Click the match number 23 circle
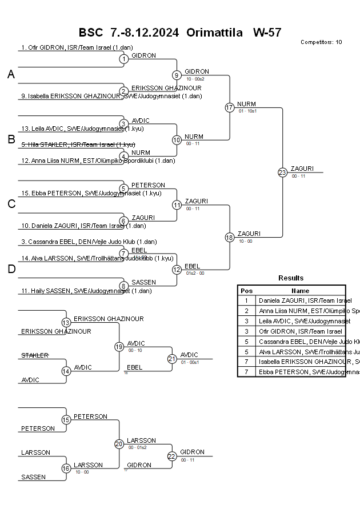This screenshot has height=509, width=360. pos(282,172)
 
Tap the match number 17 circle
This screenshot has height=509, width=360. pos(230,107)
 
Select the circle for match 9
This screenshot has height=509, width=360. pos(177,75)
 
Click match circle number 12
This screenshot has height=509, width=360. pos(177,269)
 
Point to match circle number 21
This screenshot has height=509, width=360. pos(172,359)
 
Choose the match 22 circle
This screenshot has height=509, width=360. pos(172,456)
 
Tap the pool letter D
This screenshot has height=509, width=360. pos(11,270)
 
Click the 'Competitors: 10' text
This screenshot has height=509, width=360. pos(321,42)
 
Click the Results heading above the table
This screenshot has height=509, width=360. pos(291,278)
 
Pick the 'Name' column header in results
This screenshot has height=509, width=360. pos(300,291)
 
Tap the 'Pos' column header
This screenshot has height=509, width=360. pos(246,291)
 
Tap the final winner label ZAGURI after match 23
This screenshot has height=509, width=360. pos(299,169)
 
